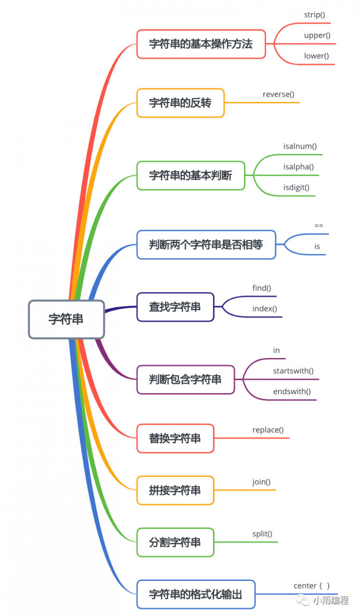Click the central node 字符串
[66, 319]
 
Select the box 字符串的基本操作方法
[201, 44]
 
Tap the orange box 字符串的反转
[180, 103]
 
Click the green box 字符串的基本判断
[191, 175]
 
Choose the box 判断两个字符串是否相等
[206, 244]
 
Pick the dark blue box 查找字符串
[175, 307]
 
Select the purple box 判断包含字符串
[185, 380]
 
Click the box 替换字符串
[175, 438]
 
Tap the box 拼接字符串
[175, 490]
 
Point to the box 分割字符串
[175, 542]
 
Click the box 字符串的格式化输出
[196, 594]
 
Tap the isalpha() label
[298, 167]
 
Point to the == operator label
[319, 225]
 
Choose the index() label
[265, 308]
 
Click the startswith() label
[293, 371]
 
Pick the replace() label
[268, 430]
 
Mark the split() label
[262, 534]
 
